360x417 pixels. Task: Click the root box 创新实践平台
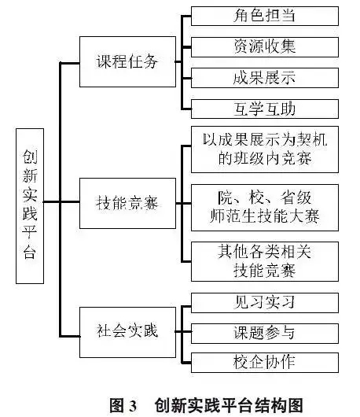coord(30,206)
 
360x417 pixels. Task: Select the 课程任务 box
coord(127,61)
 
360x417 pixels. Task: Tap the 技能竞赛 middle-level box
coord(127,203)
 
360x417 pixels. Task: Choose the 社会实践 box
coord(127,332)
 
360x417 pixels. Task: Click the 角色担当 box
coord(265,17)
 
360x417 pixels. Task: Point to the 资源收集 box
coord(265,47)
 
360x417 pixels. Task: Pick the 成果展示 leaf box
coord(265,78)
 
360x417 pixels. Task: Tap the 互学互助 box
coord(265,109)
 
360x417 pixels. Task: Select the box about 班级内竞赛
coord(265,149)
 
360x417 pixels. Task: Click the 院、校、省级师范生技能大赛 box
coord(265,208)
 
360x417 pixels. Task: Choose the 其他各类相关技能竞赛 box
coord(265,261)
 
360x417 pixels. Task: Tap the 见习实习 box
coord(265,303)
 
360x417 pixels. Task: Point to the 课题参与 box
coord(265,334)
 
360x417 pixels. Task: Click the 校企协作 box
coord(265,363)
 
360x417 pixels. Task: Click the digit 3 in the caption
coord(133,406)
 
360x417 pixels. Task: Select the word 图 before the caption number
coord(117,406)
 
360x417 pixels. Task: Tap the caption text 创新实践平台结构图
coord(229,405)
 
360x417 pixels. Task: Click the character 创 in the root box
coord(30,157)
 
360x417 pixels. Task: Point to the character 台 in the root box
coord(30,251)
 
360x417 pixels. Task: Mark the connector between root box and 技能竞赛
coord(61,202)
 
